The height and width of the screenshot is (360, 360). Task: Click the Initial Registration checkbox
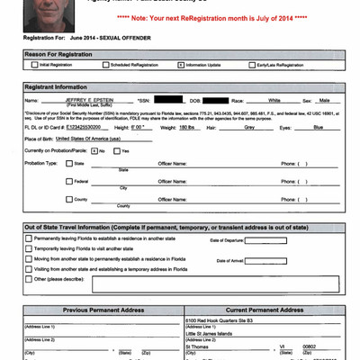coord(30,66)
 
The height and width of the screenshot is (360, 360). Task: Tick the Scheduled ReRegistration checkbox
coord(104,66)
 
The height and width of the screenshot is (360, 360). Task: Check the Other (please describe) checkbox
coord(29,278)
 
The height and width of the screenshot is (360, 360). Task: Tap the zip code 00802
coord(311,346)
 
